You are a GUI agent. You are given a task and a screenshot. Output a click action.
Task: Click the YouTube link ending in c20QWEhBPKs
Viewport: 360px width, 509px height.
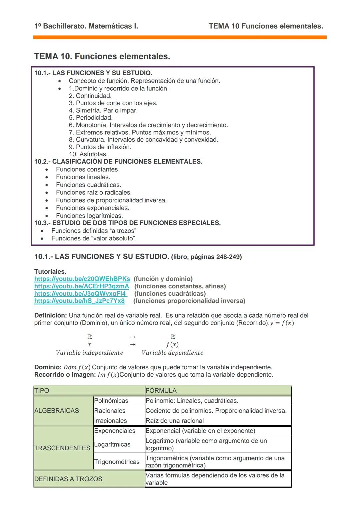82,279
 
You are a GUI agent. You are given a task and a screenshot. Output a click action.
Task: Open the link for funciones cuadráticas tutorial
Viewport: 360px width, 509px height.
81,294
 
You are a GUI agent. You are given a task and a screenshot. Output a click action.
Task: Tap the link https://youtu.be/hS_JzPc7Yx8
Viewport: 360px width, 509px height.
79,301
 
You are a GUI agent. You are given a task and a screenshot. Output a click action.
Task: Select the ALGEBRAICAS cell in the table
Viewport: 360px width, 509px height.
57,411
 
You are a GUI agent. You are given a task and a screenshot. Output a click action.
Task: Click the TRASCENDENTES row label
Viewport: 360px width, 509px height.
62,448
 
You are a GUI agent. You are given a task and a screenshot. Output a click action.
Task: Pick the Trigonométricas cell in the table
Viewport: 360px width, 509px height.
117,462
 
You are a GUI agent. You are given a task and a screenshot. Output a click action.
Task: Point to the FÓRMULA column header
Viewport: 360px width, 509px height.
161,390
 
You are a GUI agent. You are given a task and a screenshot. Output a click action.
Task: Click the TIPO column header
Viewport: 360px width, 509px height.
42,390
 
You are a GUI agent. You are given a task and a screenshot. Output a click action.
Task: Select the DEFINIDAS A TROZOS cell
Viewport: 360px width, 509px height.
68,479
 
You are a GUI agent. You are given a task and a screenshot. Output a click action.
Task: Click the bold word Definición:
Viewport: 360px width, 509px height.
51,315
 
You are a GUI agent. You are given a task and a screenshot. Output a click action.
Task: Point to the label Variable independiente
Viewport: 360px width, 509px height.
89,353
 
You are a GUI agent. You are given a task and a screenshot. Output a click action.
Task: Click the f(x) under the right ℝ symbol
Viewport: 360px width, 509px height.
172,344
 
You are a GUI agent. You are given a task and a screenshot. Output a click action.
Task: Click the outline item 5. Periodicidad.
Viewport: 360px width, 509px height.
91,118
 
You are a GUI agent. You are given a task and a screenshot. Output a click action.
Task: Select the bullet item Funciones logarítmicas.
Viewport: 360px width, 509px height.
89,216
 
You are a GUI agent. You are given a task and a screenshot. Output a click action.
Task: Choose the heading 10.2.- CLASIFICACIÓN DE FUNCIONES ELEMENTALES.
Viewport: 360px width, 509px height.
118,162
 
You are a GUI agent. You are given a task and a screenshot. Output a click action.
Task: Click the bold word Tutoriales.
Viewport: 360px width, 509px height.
50,271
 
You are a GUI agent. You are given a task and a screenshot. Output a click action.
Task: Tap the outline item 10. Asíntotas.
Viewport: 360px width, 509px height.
88,154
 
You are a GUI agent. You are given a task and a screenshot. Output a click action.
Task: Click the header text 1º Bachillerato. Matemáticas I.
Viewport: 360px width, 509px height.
86,26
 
